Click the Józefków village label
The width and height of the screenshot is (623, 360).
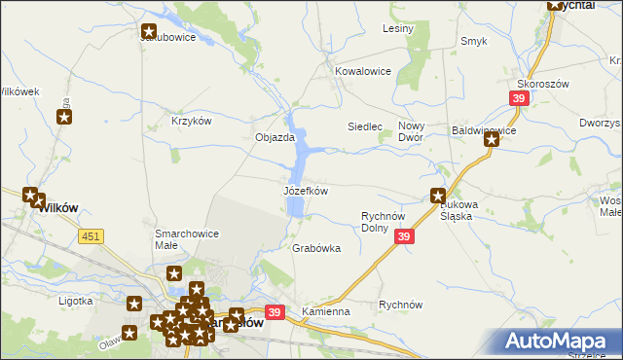pos(305,191)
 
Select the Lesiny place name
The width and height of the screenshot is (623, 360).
pos(398,28)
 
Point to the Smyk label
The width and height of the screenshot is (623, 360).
pos(473,41)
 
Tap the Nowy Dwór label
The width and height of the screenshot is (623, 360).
pos(416,133)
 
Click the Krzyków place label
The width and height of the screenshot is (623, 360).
pos(191,121)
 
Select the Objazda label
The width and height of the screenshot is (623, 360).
pos(275,137)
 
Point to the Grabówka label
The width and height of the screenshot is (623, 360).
pos(316,248)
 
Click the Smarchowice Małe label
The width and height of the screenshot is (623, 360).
pos(187,239)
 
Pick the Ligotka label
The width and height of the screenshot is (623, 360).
pos(75,301)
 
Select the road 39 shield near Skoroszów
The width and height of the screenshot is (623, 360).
pos(520,98)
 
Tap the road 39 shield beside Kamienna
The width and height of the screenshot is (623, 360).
pos(275,311)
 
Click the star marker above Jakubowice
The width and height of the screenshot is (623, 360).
pos(149,31)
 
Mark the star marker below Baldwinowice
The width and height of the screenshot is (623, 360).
pos(492,140)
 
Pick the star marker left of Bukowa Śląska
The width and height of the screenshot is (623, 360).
pos(438,195)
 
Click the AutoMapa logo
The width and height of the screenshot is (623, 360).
pos(561,341)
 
